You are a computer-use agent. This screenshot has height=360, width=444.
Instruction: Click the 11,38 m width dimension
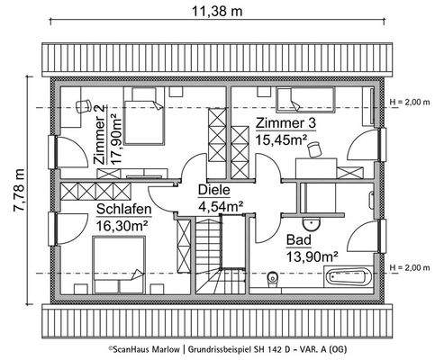pyautogui.click(x=222, y=13)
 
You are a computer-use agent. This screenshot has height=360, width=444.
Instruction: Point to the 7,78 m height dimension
pyautogui.click(x=15, y=185)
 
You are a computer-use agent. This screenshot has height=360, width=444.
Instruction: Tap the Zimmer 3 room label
pyautogui.click(x=285, y=123)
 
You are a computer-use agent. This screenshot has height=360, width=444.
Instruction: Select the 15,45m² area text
pyautogui.click(x=282, y=139)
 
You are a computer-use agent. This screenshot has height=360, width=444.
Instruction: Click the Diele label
pyautogui.click(x=213, y=191)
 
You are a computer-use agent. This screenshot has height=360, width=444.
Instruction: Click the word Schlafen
pyautogui.click(x=122, y=207)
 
